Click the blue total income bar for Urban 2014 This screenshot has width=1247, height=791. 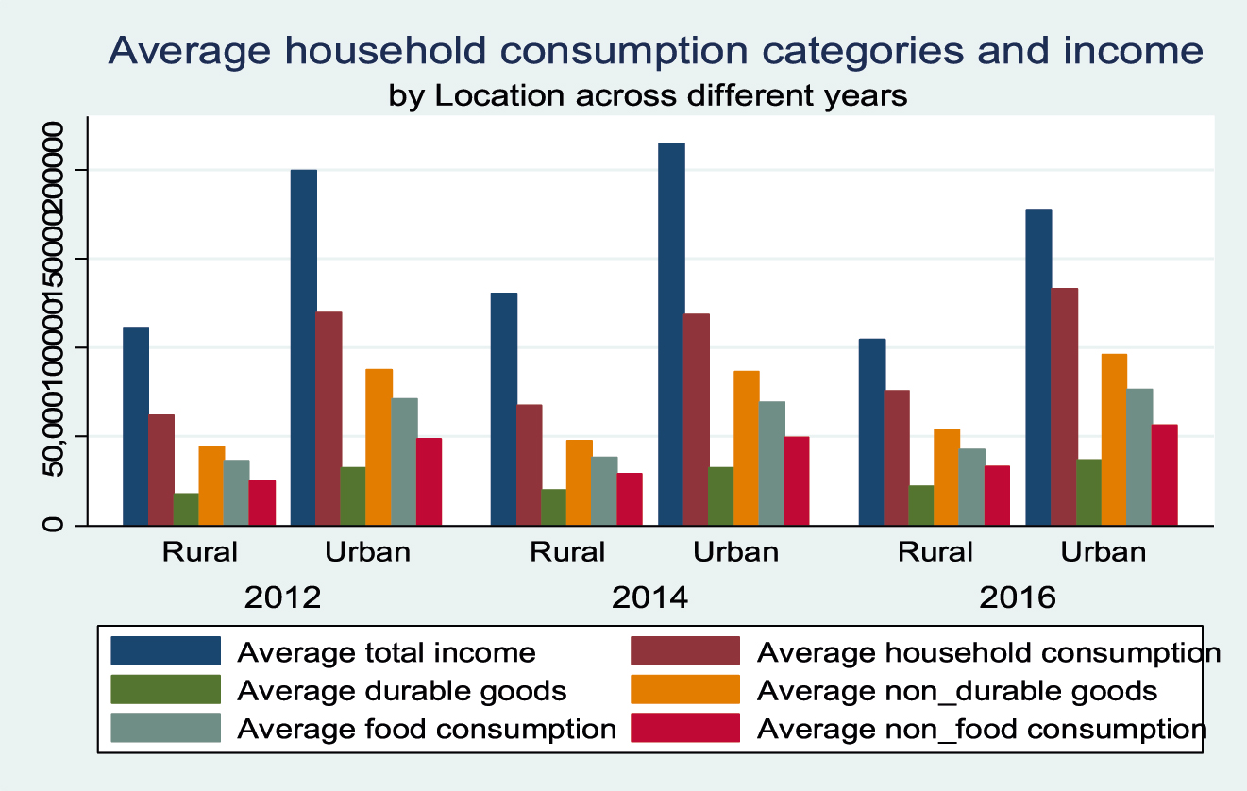point(671,334)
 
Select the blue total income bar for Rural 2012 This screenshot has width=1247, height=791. point(136,426)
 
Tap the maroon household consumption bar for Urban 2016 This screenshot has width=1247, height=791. point(1064,406)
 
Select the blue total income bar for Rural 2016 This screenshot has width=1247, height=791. point(872,431)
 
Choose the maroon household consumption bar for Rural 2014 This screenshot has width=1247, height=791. point(529,464)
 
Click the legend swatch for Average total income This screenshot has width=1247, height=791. point(166,651)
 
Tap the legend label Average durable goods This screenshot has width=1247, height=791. point(402,691)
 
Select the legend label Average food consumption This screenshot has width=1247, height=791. point(427,729)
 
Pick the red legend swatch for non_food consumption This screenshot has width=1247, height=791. point(684,729)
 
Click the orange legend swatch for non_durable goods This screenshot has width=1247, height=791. point(684,691)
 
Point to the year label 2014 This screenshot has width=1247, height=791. point(650,597)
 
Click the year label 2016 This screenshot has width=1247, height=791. point(1019,597)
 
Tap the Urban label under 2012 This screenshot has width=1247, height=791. point(368,552)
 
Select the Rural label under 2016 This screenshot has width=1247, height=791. point(935,552)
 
